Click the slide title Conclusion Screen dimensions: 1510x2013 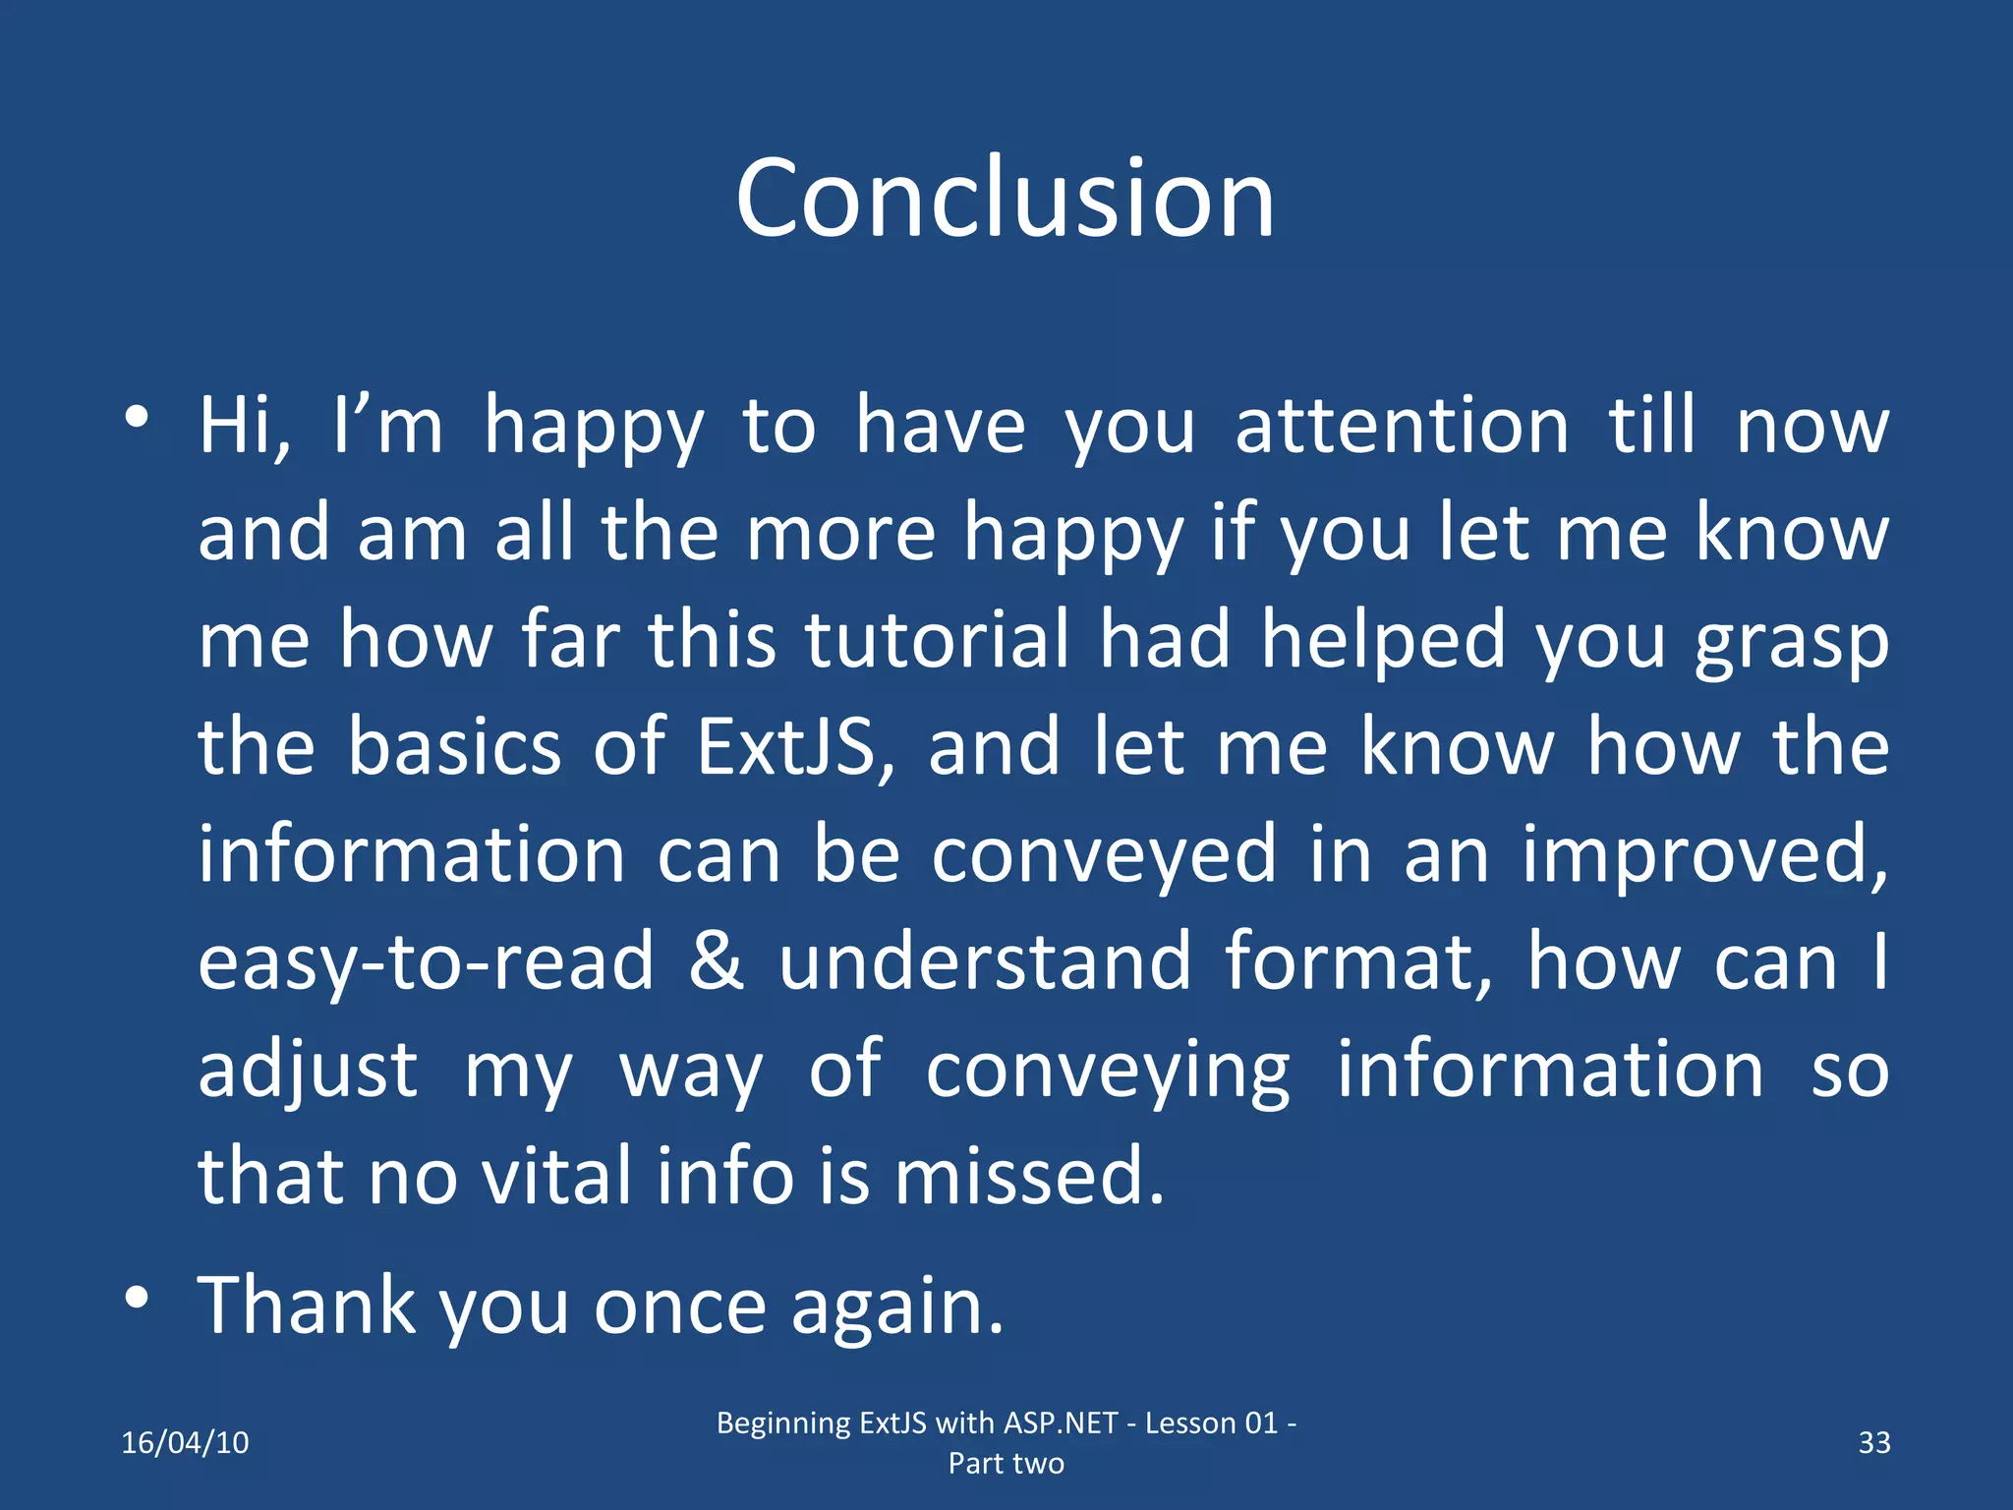click(1005, 199)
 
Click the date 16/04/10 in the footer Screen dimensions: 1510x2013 click(185, 1442)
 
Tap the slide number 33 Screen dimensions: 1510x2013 click(1873, 1442)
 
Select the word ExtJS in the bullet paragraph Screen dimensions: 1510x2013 click(794, 747)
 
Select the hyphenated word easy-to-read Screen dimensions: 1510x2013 click(426, 963)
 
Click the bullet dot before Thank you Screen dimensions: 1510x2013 click(137, 1298)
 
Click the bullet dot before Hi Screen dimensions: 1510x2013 click(137, 417)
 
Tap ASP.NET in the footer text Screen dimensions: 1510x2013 click(1061, 1423)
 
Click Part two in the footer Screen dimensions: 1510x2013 click(1006, 1463)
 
